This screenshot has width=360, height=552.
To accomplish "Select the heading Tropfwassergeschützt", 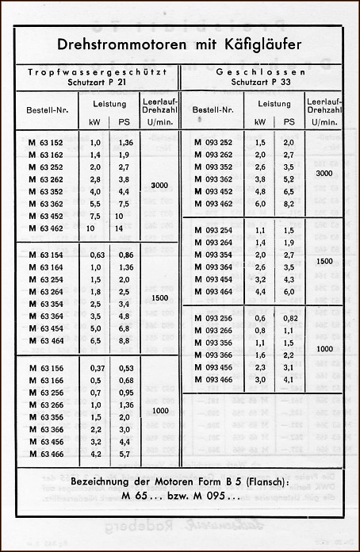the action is [x=96, y=72].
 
